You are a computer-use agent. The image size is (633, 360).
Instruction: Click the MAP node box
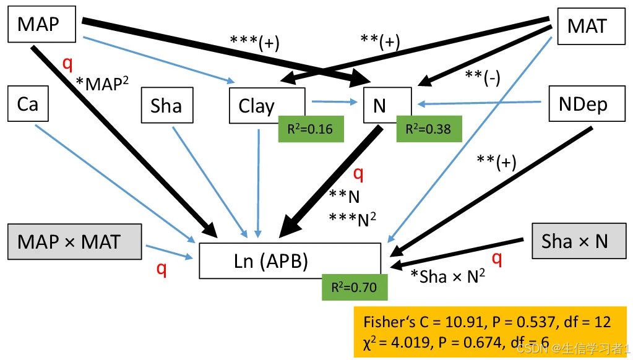click(41, 25)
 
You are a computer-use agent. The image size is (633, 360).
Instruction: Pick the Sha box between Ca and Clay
click(166, 106)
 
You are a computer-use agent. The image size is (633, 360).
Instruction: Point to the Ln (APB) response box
click(289, 260)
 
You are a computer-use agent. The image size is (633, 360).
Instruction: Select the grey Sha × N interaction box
click(575, 241)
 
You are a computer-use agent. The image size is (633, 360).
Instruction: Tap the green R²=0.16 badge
click(311, 129)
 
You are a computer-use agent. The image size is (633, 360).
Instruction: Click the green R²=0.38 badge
click(428, 129)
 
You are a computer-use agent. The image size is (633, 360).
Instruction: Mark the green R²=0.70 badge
click(355, 287)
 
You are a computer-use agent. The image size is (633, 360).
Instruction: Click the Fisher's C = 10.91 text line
click(486, 322)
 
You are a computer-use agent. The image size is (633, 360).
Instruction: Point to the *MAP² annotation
click(102, 83)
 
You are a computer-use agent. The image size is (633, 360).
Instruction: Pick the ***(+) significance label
click(254, 43)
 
